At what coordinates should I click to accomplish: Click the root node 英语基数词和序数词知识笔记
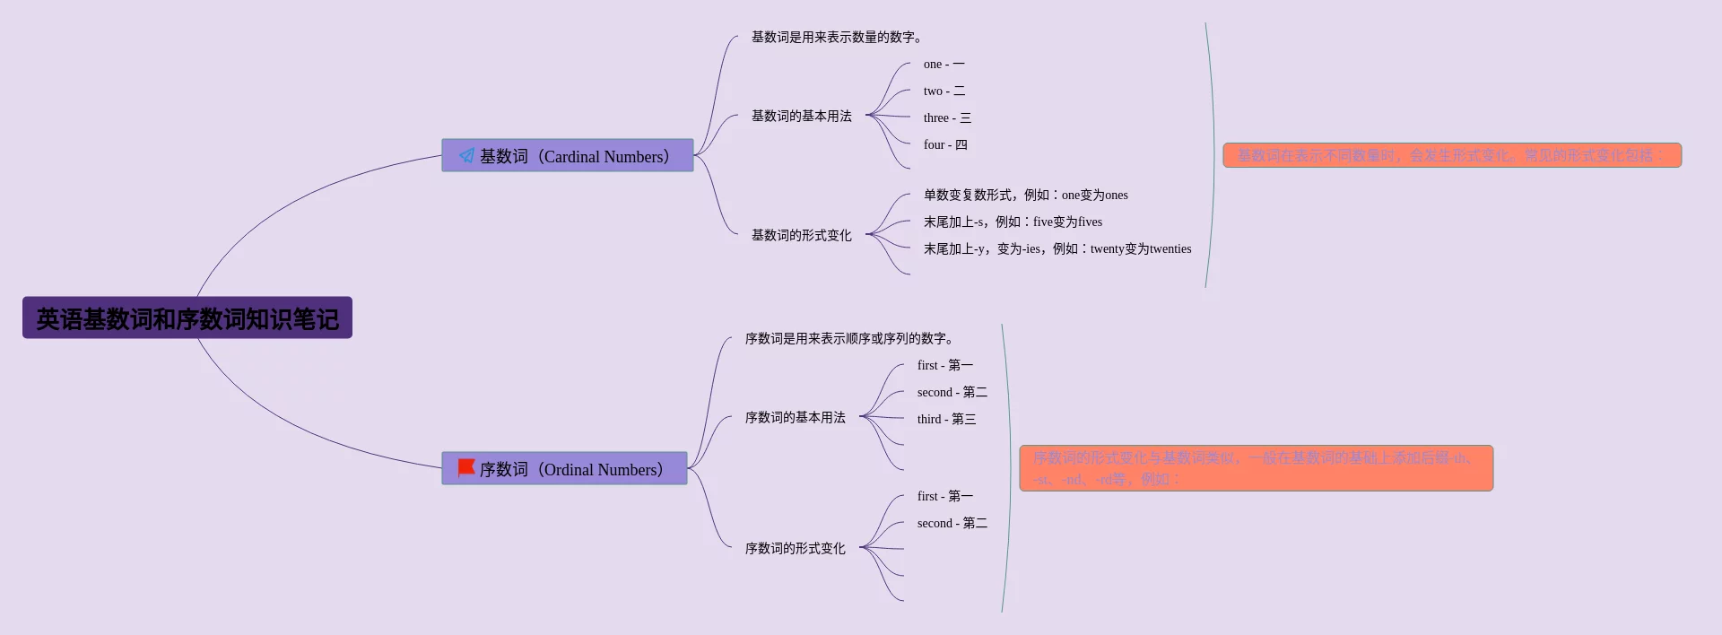(x=187, y=318)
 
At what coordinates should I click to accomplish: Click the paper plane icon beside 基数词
(x=466, y=156)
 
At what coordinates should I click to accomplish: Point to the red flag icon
(x=466, y=468)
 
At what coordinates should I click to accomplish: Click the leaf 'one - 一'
(x=944, y=65)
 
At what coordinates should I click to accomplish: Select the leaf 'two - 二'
(x=944, y=91)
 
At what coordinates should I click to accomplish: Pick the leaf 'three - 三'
(x=947, y=118)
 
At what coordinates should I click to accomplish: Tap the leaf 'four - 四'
(x=945, y=145)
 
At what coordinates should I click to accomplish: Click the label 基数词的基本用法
(x=801, y=117)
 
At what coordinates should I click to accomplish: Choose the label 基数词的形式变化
(x=801, y=236)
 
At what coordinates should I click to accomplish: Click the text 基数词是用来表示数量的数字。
(x=836, y=38)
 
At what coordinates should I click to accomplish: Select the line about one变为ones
(x=1025, y=196)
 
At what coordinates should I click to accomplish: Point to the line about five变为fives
(x=1013, y=222)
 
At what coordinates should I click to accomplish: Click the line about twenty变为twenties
(x=1057, y=249)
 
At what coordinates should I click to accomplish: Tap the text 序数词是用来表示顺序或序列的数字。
(x=848, y=339)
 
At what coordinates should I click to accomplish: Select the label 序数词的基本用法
(x=795, y=418)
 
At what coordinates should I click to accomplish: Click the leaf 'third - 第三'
(x=946, y=420)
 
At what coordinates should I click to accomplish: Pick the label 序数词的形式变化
(x=795, y=549)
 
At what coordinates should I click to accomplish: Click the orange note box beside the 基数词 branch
(x=1451, y=156)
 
